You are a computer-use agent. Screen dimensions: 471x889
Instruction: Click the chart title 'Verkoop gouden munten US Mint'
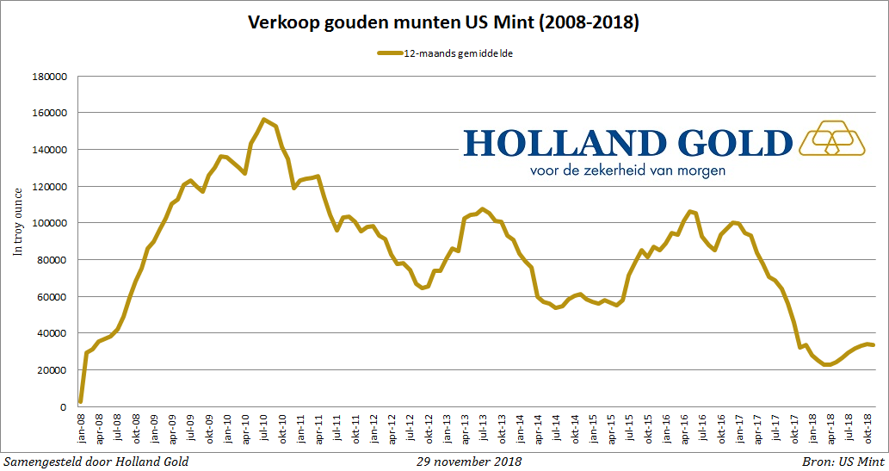(x=443, y=23)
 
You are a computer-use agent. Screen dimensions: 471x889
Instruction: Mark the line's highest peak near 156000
(x=263, y=120)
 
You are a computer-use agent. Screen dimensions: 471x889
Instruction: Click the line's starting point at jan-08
(x=81, y=401)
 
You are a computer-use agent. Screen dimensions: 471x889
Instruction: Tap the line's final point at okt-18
(x=873, y=345)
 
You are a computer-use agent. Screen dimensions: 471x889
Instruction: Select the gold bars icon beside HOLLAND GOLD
(x=832, y=138)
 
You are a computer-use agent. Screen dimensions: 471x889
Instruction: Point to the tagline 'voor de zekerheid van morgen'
(x=627, y=170)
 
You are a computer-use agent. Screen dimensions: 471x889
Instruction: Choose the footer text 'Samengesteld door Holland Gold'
(x=96, y=461)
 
